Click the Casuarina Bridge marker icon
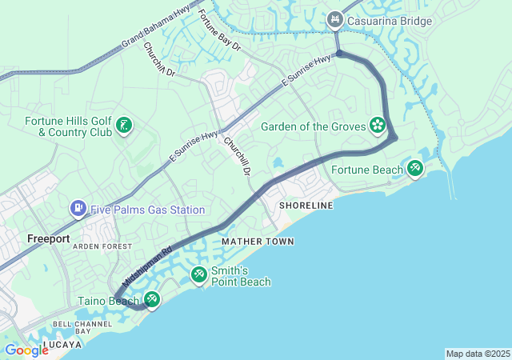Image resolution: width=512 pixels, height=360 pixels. (335, 18)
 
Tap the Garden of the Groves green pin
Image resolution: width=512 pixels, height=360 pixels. (377, 126)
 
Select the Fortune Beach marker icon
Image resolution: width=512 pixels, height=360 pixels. (414, 168)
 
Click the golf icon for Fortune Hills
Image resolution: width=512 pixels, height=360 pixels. (124, 126)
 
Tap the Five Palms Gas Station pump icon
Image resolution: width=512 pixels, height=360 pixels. (78, 210)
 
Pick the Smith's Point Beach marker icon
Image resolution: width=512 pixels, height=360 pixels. (198, 275)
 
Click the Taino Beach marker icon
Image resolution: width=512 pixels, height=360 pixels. (151, 301)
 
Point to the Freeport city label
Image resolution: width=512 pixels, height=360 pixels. (49, 238)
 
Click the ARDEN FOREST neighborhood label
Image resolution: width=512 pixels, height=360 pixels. (102, 246)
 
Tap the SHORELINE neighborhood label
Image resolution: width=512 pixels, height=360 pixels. (306, 206)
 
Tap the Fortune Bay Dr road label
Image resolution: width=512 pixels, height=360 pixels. (219, 30)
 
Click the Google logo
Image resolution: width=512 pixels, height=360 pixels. (26, 350)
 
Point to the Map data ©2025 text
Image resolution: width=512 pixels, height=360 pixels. (477, 354)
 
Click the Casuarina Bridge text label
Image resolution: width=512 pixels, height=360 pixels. (390, 18)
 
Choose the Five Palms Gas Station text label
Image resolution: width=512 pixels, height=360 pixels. (147, 210)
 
